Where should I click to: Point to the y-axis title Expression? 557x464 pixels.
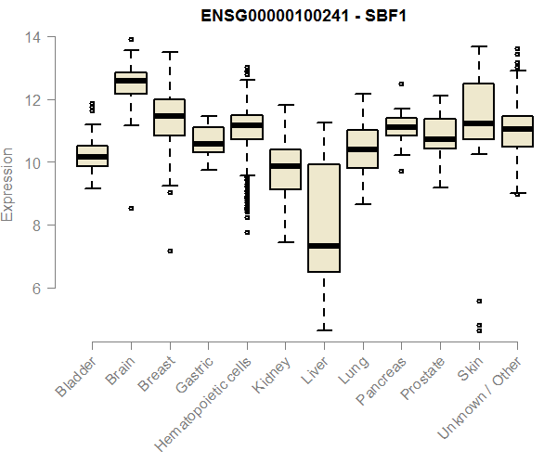(8, 184)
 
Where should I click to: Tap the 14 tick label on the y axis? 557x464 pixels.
(33, 37)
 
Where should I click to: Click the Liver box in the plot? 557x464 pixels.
(323, 218)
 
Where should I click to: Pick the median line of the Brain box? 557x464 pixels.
(131, 81)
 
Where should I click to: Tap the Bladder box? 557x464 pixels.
(92, 156)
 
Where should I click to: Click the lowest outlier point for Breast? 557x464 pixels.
(169, 251)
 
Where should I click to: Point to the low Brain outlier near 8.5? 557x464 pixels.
(131, 209)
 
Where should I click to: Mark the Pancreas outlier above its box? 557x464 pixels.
(401, 84)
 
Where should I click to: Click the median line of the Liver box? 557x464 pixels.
(323, 246)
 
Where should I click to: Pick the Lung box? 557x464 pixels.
(362, 148)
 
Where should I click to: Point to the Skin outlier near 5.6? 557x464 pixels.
(478, 301)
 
